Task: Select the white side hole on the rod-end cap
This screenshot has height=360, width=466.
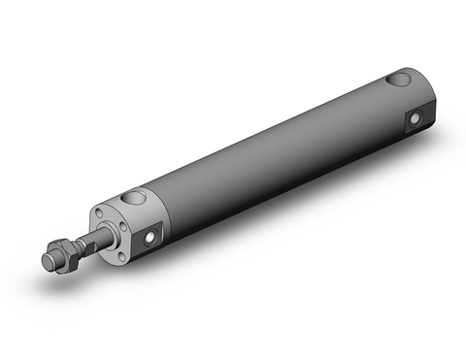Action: (x=151, y=236)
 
